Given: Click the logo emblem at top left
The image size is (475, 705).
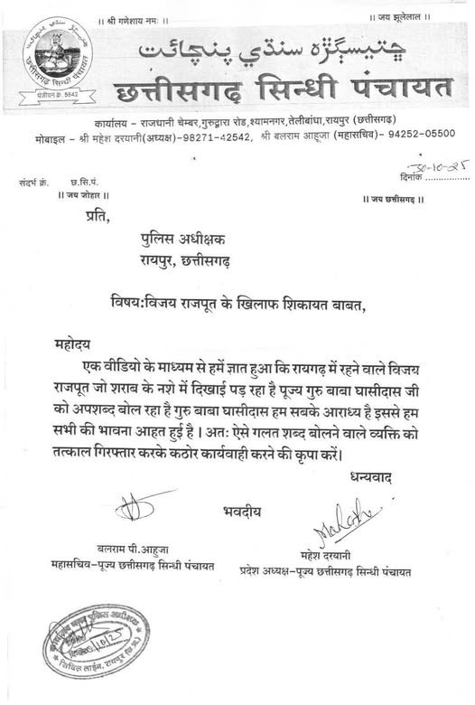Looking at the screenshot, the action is (x=62, y=61).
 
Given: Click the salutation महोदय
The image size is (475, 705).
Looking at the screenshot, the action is (x=76, y=344).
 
